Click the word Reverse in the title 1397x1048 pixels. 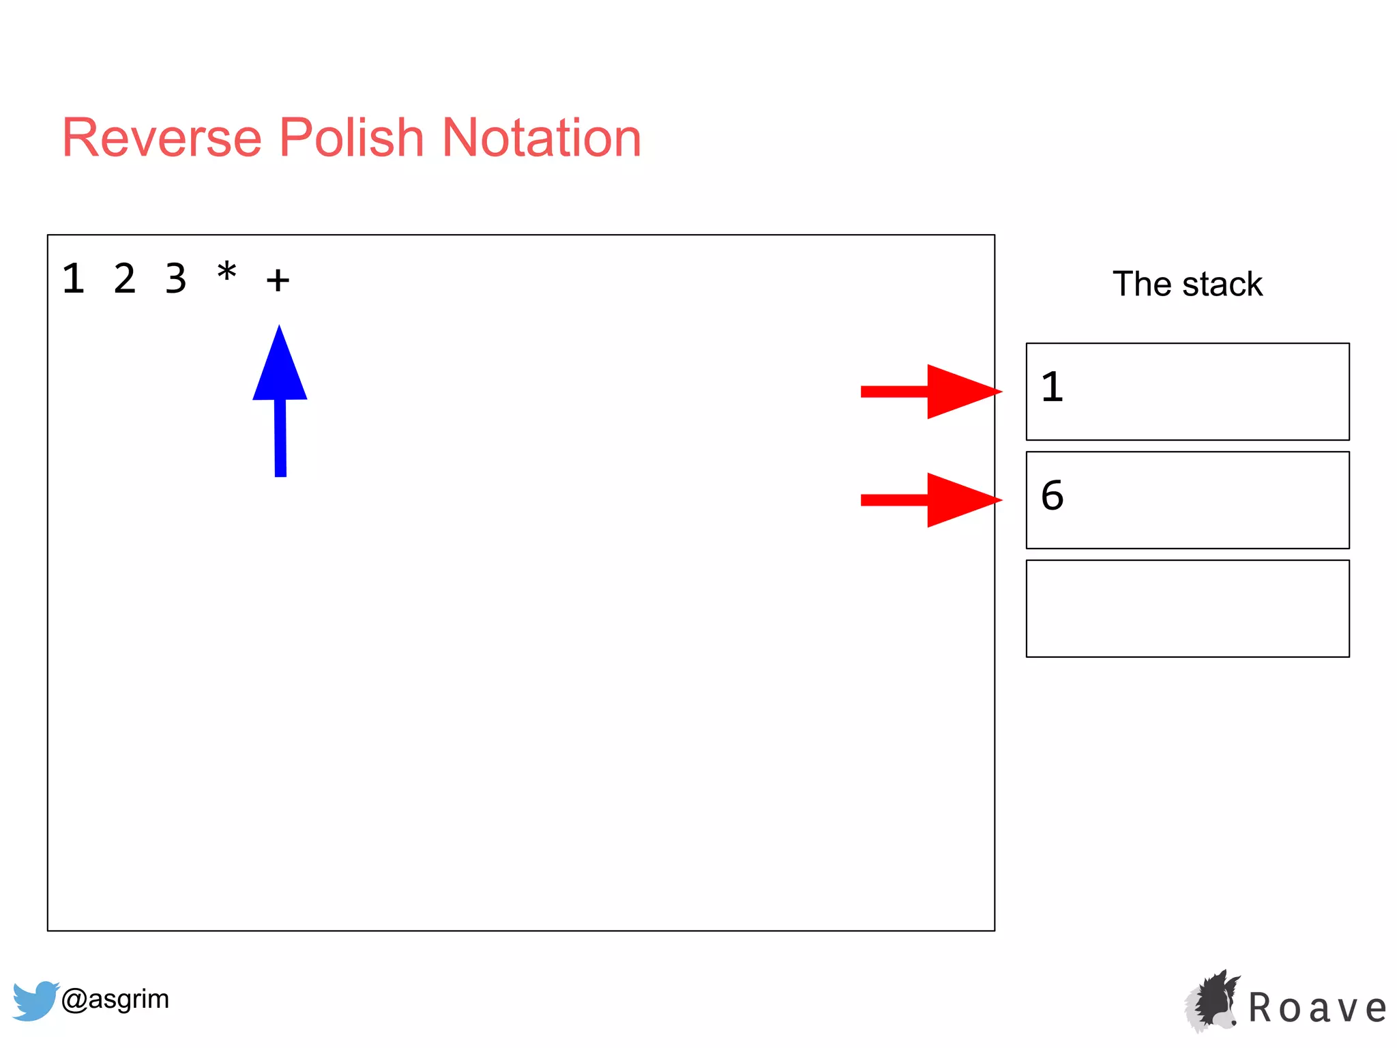[x=162, y=138]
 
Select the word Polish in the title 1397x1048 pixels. [x=351, y=138]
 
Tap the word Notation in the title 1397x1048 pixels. [x=542, y=138]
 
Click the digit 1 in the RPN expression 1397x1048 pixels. [x=74, y=278]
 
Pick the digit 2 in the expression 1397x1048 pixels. [x=125, y=278]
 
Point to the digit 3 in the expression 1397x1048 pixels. [x=176, y=278]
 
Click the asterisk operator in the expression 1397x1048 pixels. [x=227, y=273]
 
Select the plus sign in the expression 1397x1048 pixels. [x=278, y=280]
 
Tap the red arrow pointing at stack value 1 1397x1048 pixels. [x=931, y=392]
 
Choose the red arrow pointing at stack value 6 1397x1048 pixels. [x=931, y=500]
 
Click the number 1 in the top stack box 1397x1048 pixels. [x=1052, y=387]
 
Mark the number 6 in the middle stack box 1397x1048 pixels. [x=1052, y=495]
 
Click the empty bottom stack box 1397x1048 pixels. [x=1188, y=609]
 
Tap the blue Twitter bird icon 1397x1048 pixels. [x=34, y=1000]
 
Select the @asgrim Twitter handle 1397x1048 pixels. [x=115, y=999]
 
